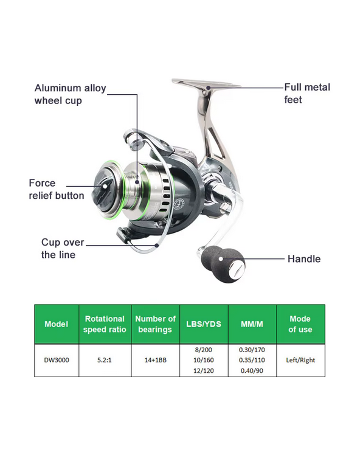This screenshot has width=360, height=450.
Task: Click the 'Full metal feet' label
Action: [307, 93]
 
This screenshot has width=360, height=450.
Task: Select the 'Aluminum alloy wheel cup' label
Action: [70, 94]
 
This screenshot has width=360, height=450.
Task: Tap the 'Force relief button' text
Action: [57, 189]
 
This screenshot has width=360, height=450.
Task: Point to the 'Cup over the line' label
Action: [63, 248]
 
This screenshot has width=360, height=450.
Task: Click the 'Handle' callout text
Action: [304, 259]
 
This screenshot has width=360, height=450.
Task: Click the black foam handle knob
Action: [223, 263]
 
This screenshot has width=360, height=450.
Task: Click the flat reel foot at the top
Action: [206, 83]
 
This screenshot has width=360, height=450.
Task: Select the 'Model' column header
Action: [57, 324]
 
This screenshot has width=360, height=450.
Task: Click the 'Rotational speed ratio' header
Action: [105, 324]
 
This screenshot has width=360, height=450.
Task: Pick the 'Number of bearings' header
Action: [155, 324]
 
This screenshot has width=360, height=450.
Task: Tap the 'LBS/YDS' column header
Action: [204, 324]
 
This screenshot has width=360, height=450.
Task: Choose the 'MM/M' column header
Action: [252, 324]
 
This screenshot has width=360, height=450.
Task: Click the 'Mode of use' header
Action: [300, 324]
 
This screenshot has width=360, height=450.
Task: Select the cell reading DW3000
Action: [57, 360]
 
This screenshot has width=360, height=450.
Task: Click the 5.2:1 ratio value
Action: [105, 360]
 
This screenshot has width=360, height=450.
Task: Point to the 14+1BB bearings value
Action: [155, 360]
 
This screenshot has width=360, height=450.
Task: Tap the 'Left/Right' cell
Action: [300, 360]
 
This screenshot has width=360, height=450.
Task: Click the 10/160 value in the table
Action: [204, 360]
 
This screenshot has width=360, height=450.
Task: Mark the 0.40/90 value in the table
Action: [252, 371]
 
